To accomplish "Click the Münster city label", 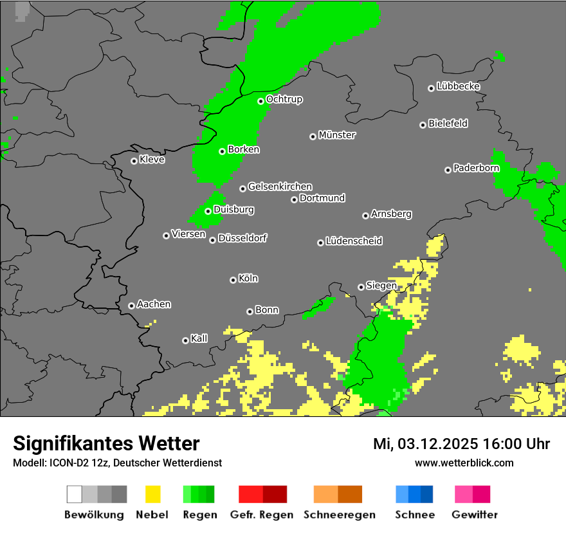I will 337,135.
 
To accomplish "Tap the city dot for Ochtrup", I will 261,101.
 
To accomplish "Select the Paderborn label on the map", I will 477,169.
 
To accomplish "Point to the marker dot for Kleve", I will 134,161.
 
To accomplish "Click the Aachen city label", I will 154,304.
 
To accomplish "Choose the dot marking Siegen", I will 361,287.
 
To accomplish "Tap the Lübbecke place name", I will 458,86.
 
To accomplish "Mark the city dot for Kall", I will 185,340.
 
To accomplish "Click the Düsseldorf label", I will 242,238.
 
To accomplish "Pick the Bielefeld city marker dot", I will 423,125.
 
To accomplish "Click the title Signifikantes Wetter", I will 106,443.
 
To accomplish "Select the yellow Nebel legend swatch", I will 152,494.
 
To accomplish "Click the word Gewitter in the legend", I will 475,515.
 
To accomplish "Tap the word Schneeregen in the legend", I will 340,515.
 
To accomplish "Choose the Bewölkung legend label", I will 94,515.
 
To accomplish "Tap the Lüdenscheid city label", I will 354,241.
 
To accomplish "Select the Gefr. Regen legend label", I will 261,515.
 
